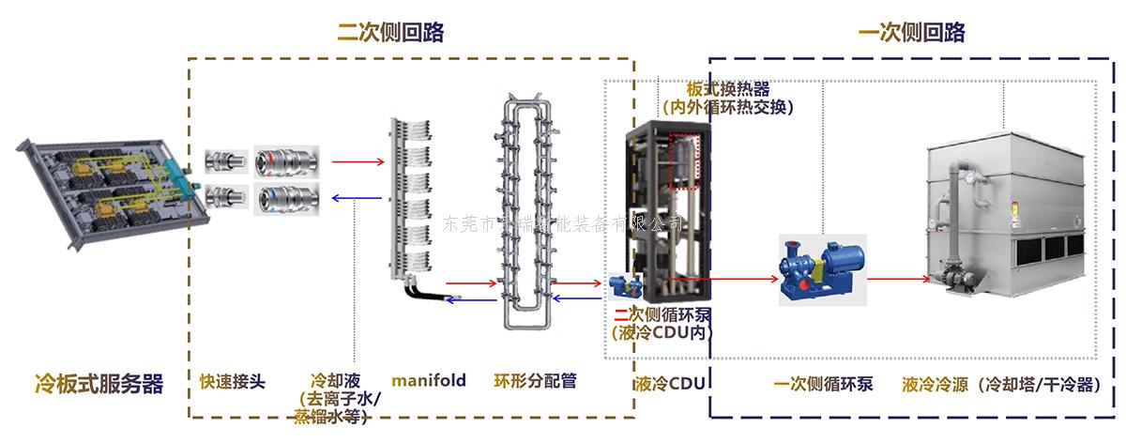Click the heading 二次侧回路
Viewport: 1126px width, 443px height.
tap(390, 33)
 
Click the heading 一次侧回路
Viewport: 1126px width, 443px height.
tap(911, 33)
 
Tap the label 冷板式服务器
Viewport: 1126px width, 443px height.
tap(99, 383)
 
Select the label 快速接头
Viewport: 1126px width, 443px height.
tap(233, 381)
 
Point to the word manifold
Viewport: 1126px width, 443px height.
tap(429, 380)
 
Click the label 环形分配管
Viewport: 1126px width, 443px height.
tap(535, 381)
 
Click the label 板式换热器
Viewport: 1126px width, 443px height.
tap(728, 89)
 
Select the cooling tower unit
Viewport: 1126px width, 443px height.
tap(1013, 216)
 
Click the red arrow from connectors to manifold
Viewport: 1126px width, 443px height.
tap(357, 162)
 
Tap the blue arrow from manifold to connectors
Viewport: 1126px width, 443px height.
tap(357, 198)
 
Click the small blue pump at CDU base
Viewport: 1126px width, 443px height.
tap(623, 286)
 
